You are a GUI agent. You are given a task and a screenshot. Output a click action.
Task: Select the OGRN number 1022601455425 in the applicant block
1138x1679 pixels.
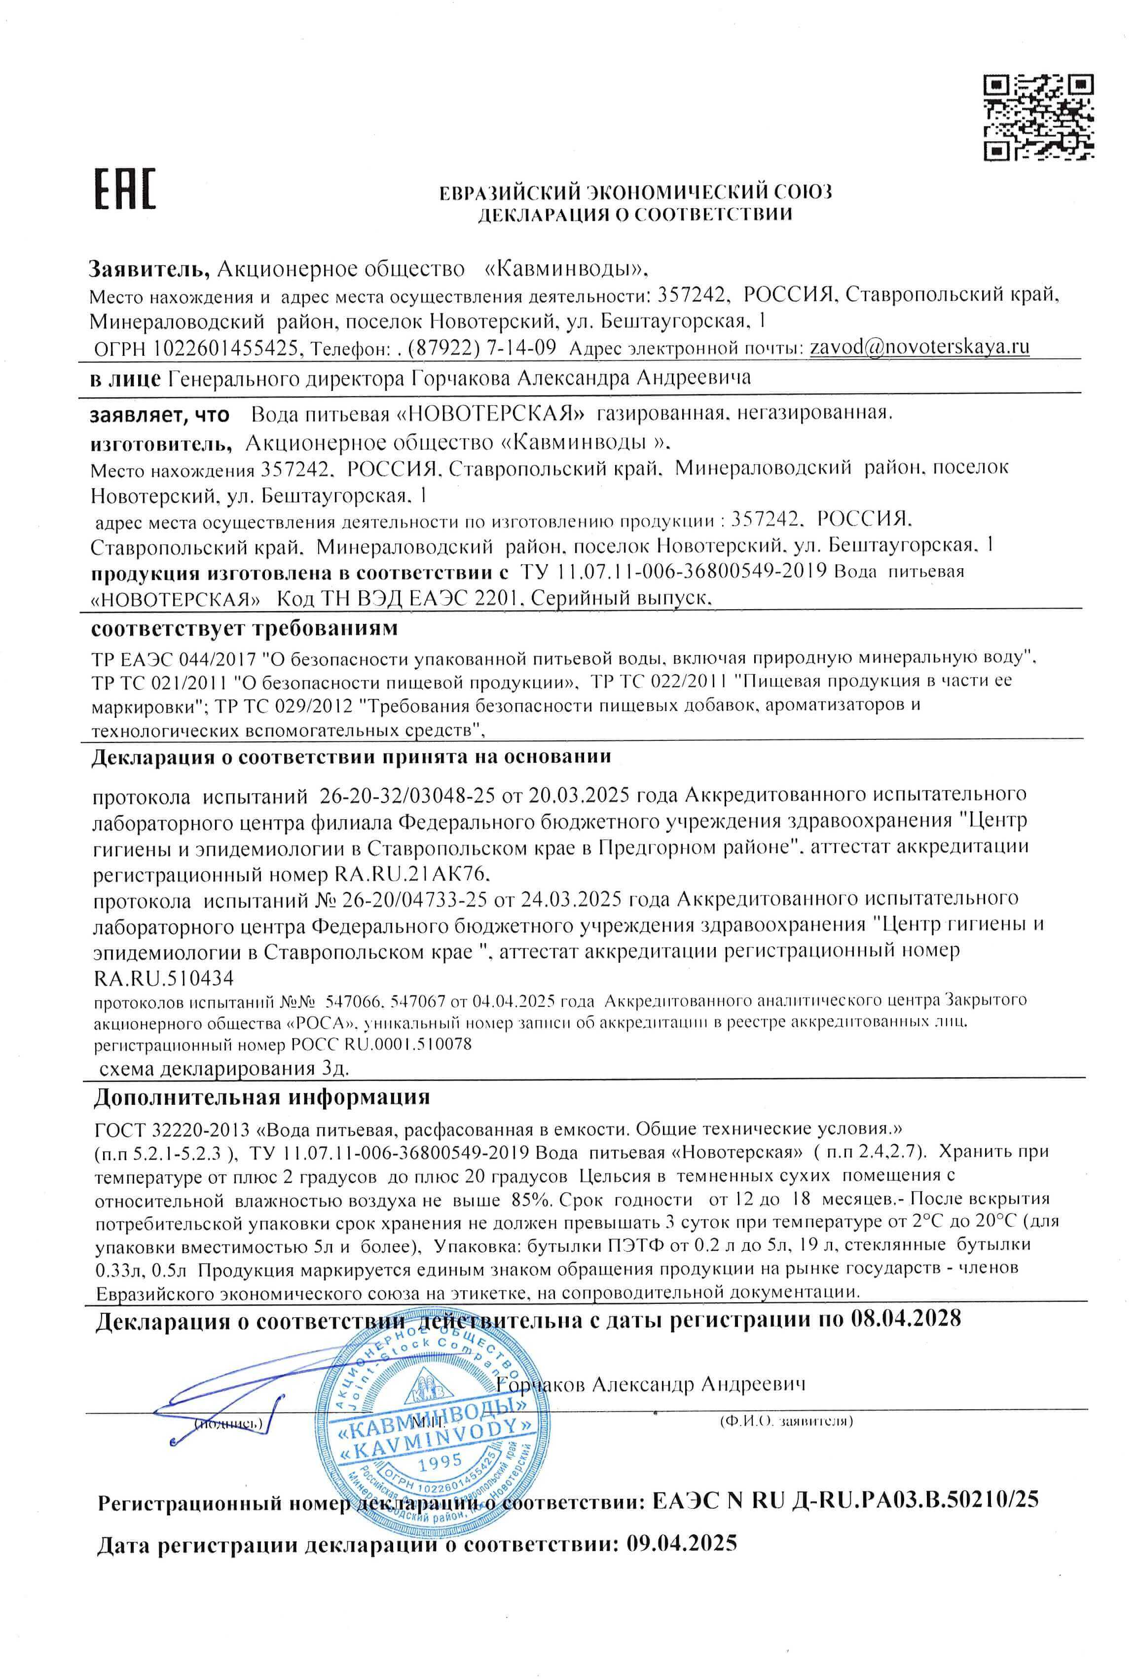tap(226, 348)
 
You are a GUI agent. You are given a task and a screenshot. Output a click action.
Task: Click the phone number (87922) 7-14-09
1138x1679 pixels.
tap(482, 348)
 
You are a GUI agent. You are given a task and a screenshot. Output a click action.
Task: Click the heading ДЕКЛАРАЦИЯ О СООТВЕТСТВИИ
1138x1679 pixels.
tap(634, 214)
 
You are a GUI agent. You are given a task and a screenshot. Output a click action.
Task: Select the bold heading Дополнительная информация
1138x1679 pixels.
tap(261, 1096)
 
